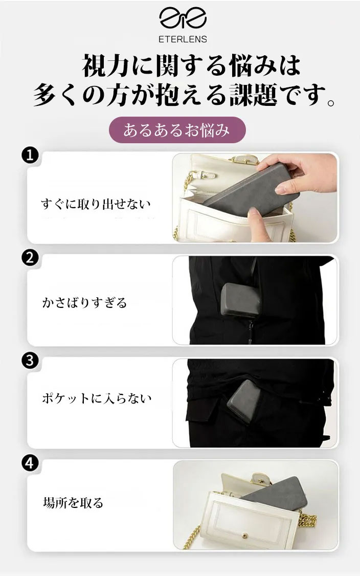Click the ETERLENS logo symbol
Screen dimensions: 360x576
click(x=183, y=18)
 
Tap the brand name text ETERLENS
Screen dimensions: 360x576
click(x=183, y=39)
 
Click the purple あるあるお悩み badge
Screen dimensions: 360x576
click(x=177, y=130)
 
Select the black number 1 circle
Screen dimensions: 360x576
click(x=30, y=155)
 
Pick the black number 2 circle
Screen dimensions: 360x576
click(x=30, y=258)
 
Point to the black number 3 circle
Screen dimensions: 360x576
click(x=30, y=360)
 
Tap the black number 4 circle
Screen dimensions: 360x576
click(x=30, y=463)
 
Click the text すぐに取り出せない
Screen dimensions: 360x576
click(x=96, y=204)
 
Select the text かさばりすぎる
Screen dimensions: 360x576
click(x=84, y=303)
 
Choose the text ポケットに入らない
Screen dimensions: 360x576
click(x=97, y=398)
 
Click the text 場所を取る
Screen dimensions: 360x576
click(x=73, y=502)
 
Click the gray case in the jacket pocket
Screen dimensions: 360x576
click(x=240, y=300)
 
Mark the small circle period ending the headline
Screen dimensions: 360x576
click(x=331, y=102)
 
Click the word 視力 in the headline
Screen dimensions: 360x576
click(x=105, y=66)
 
